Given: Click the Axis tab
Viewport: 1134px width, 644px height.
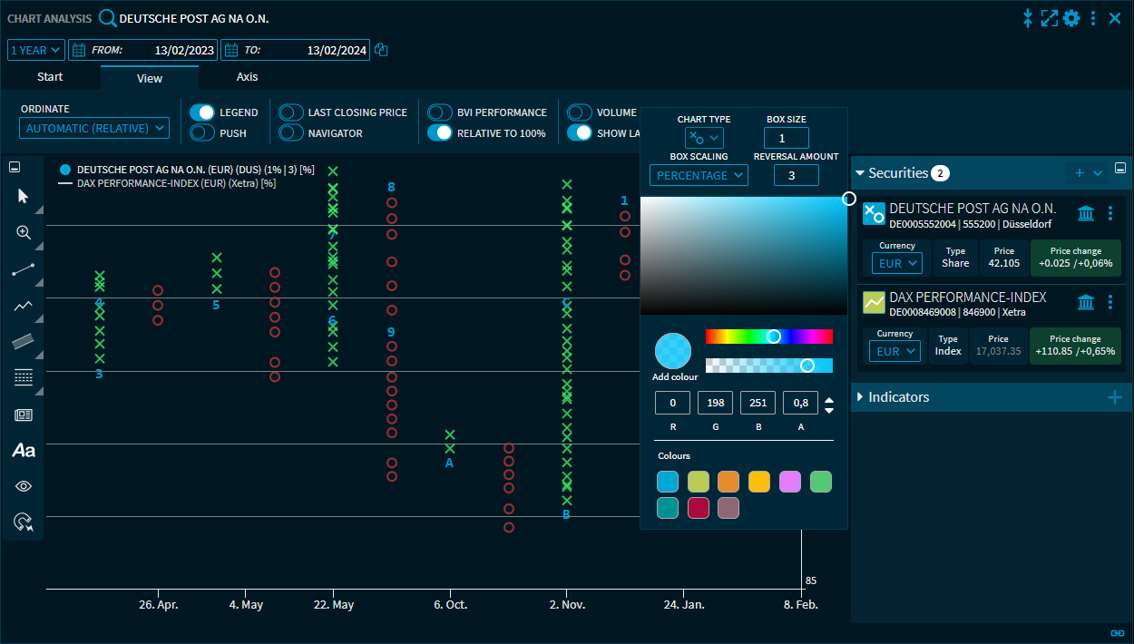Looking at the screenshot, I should [x=248, y=77].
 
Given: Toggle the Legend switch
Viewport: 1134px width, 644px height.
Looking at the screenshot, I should [x=202, y=112].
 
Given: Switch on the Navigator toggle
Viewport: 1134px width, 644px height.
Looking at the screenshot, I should [x=291, y=133].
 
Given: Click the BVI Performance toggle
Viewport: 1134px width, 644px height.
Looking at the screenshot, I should [x=440, y=112].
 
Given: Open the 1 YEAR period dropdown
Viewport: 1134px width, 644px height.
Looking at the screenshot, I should [x=36, y=51].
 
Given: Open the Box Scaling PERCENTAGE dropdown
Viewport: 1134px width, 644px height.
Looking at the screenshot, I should [x=699, y=175].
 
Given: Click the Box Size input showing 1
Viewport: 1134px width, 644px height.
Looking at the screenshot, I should [x=786, y=138].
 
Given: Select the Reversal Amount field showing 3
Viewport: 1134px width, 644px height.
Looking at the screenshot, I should [x=797, y=175].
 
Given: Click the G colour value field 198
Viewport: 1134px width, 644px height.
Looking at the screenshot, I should [x=715, y=403].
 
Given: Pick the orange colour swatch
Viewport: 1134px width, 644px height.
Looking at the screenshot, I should [x=728, y=482].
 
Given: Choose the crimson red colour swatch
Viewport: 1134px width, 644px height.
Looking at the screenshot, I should [x=698, y=508].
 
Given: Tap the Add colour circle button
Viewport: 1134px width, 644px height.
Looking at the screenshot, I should [x=673, y=351].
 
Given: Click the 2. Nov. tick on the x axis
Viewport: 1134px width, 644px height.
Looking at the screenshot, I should [x=567, y=604].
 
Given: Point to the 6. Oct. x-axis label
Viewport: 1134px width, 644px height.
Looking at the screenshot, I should [x=450, y=604].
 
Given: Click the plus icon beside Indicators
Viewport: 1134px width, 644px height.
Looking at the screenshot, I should [x=1114, y=397].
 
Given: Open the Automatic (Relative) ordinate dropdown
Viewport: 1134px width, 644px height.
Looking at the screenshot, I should [x=94, y=129].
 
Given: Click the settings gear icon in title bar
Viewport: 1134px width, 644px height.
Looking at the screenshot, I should [x=1071, y=18].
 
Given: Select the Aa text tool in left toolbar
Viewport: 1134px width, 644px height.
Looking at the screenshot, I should [x=24, y=450].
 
